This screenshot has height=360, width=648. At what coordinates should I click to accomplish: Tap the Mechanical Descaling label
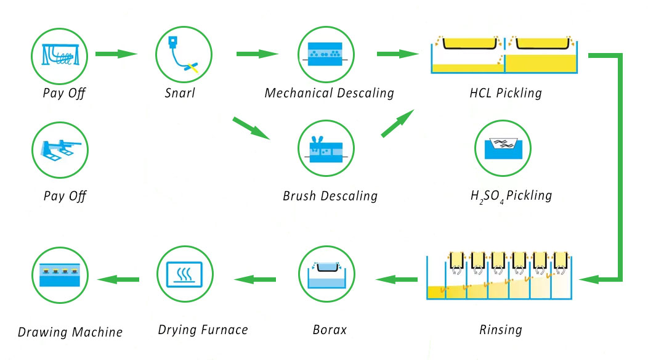329,94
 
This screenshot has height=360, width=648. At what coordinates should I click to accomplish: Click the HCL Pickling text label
505,94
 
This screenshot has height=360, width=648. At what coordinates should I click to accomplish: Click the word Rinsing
500,330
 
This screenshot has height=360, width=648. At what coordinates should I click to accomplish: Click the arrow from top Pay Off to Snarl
116,54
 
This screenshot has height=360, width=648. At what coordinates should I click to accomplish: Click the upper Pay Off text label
64,94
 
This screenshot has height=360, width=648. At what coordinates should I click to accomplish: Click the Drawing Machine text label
70,332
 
